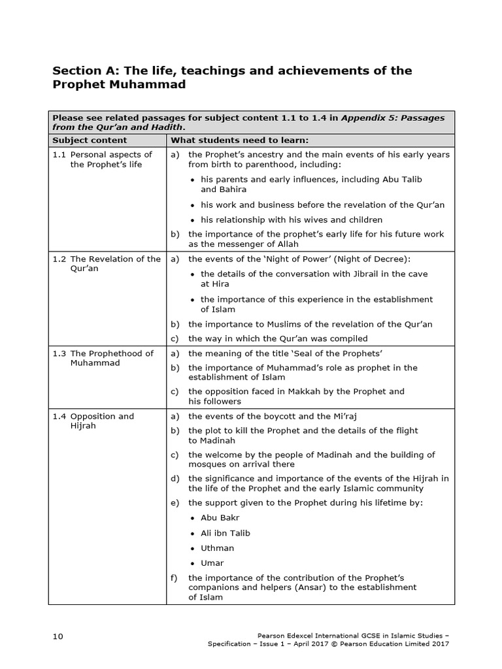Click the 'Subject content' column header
tap(90, 140)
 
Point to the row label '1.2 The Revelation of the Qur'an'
tap(107, 263)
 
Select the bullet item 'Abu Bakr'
tap(220, 518)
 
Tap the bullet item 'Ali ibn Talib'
tap(225, 533)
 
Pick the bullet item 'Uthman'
tap(217, 548)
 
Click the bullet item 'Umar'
tap(212, 563)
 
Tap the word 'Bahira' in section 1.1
tap(232, 189)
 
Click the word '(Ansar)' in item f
tap(318, 587)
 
